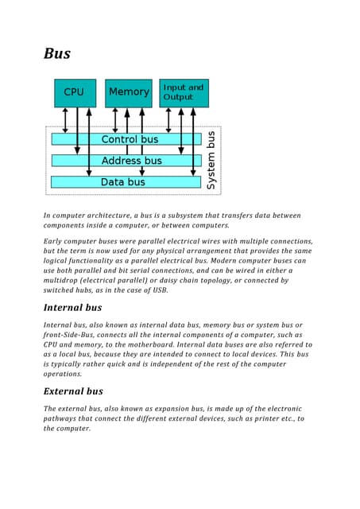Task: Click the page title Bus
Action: pyautogui.click(x=56, y=54)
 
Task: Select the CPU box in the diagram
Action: pyautogui.click(x=75, y=92)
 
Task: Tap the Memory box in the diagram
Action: pyautogui.click(x=128, y=92)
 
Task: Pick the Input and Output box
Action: pyautogui.click(x=184, y=92)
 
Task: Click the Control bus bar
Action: pyautogui.click(x=129, y=139)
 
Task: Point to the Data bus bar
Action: pyautogui.click(x=123, y=182)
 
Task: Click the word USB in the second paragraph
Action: pyautogui.click(x=159, y=290)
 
